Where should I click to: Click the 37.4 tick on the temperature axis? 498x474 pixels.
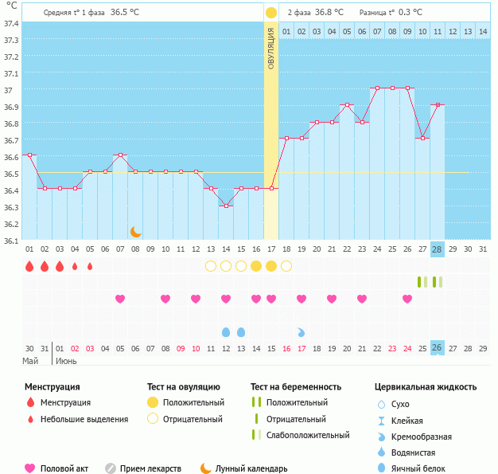tap(11, 23)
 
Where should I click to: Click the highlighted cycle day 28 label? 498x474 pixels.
tap(437, 249)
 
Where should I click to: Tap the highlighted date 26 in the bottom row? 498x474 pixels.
tap(437, 348)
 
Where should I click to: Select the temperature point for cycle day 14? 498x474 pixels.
tap(226, 206)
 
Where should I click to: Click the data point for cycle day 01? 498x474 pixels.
tap(29, 155)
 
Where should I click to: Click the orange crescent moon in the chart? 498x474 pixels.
tap(136, 231)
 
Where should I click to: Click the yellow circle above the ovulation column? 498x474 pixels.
tap(271, 13)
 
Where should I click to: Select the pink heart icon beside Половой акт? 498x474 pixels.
tap(31, 468)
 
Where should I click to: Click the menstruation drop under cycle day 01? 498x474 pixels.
tap(29, 266)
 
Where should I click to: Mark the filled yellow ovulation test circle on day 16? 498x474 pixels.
tap(256, 266)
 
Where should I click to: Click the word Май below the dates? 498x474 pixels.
tap(29, 361)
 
